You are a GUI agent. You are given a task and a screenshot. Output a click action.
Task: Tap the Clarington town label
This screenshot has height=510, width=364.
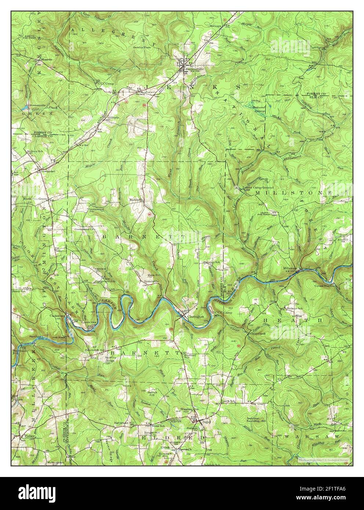(195, 316)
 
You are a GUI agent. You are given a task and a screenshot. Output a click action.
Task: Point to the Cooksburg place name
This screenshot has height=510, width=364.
(57, 315)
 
